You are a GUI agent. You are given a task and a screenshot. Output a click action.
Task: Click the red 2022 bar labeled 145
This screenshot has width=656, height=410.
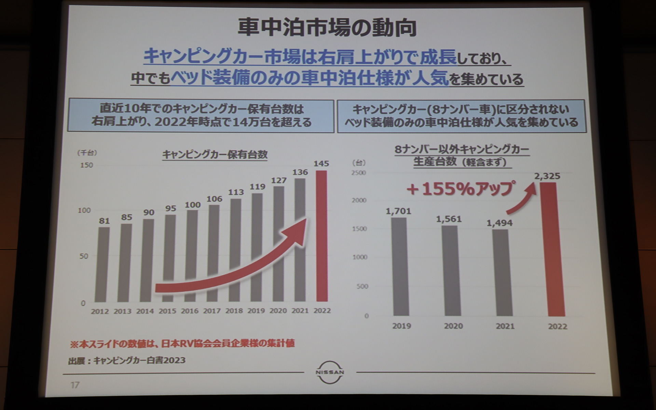(322, 236)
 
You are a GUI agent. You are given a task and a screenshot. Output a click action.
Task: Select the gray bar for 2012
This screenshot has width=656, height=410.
(102, 265)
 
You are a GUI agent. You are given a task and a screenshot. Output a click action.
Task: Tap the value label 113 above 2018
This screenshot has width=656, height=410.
(236, 192)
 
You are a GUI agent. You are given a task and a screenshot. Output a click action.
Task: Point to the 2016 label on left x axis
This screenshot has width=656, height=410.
(190, 311)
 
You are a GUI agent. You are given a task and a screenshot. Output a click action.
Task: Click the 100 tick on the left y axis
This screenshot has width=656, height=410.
(84, 210)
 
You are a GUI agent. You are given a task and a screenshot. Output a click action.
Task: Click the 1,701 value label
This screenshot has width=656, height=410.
(398, 211)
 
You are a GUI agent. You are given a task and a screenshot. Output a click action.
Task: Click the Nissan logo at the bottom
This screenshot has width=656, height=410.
(330, 372)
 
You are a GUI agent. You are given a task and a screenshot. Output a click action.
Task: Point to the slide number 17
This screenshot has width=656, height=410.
(75, 385)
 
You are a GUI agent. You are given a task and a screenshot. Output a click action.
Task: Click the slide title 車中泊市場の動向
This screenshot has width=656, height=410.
(327, 28)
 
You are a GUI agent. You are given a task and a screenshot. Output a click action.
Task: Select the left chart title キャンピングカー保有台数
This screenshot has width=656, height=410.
(215, 155)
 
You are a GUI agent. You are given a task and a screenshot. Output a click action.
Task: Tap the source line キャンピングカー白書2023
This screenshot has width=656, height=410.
(127, 360)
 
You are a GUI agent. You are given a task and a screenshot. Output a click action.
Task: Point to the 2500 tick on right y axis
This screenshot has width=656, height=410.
(358, 173)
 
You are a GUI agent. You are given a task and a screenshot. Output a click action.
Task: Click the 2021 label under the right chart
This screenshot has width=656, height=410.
(505, 326)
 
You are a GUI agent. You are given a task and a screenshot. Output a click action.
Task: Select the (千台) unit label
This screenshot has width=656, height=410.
(87, 153)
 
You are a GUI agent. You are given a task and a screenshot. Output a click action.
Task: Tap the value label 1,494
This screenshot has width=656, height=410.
(499, 223)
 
